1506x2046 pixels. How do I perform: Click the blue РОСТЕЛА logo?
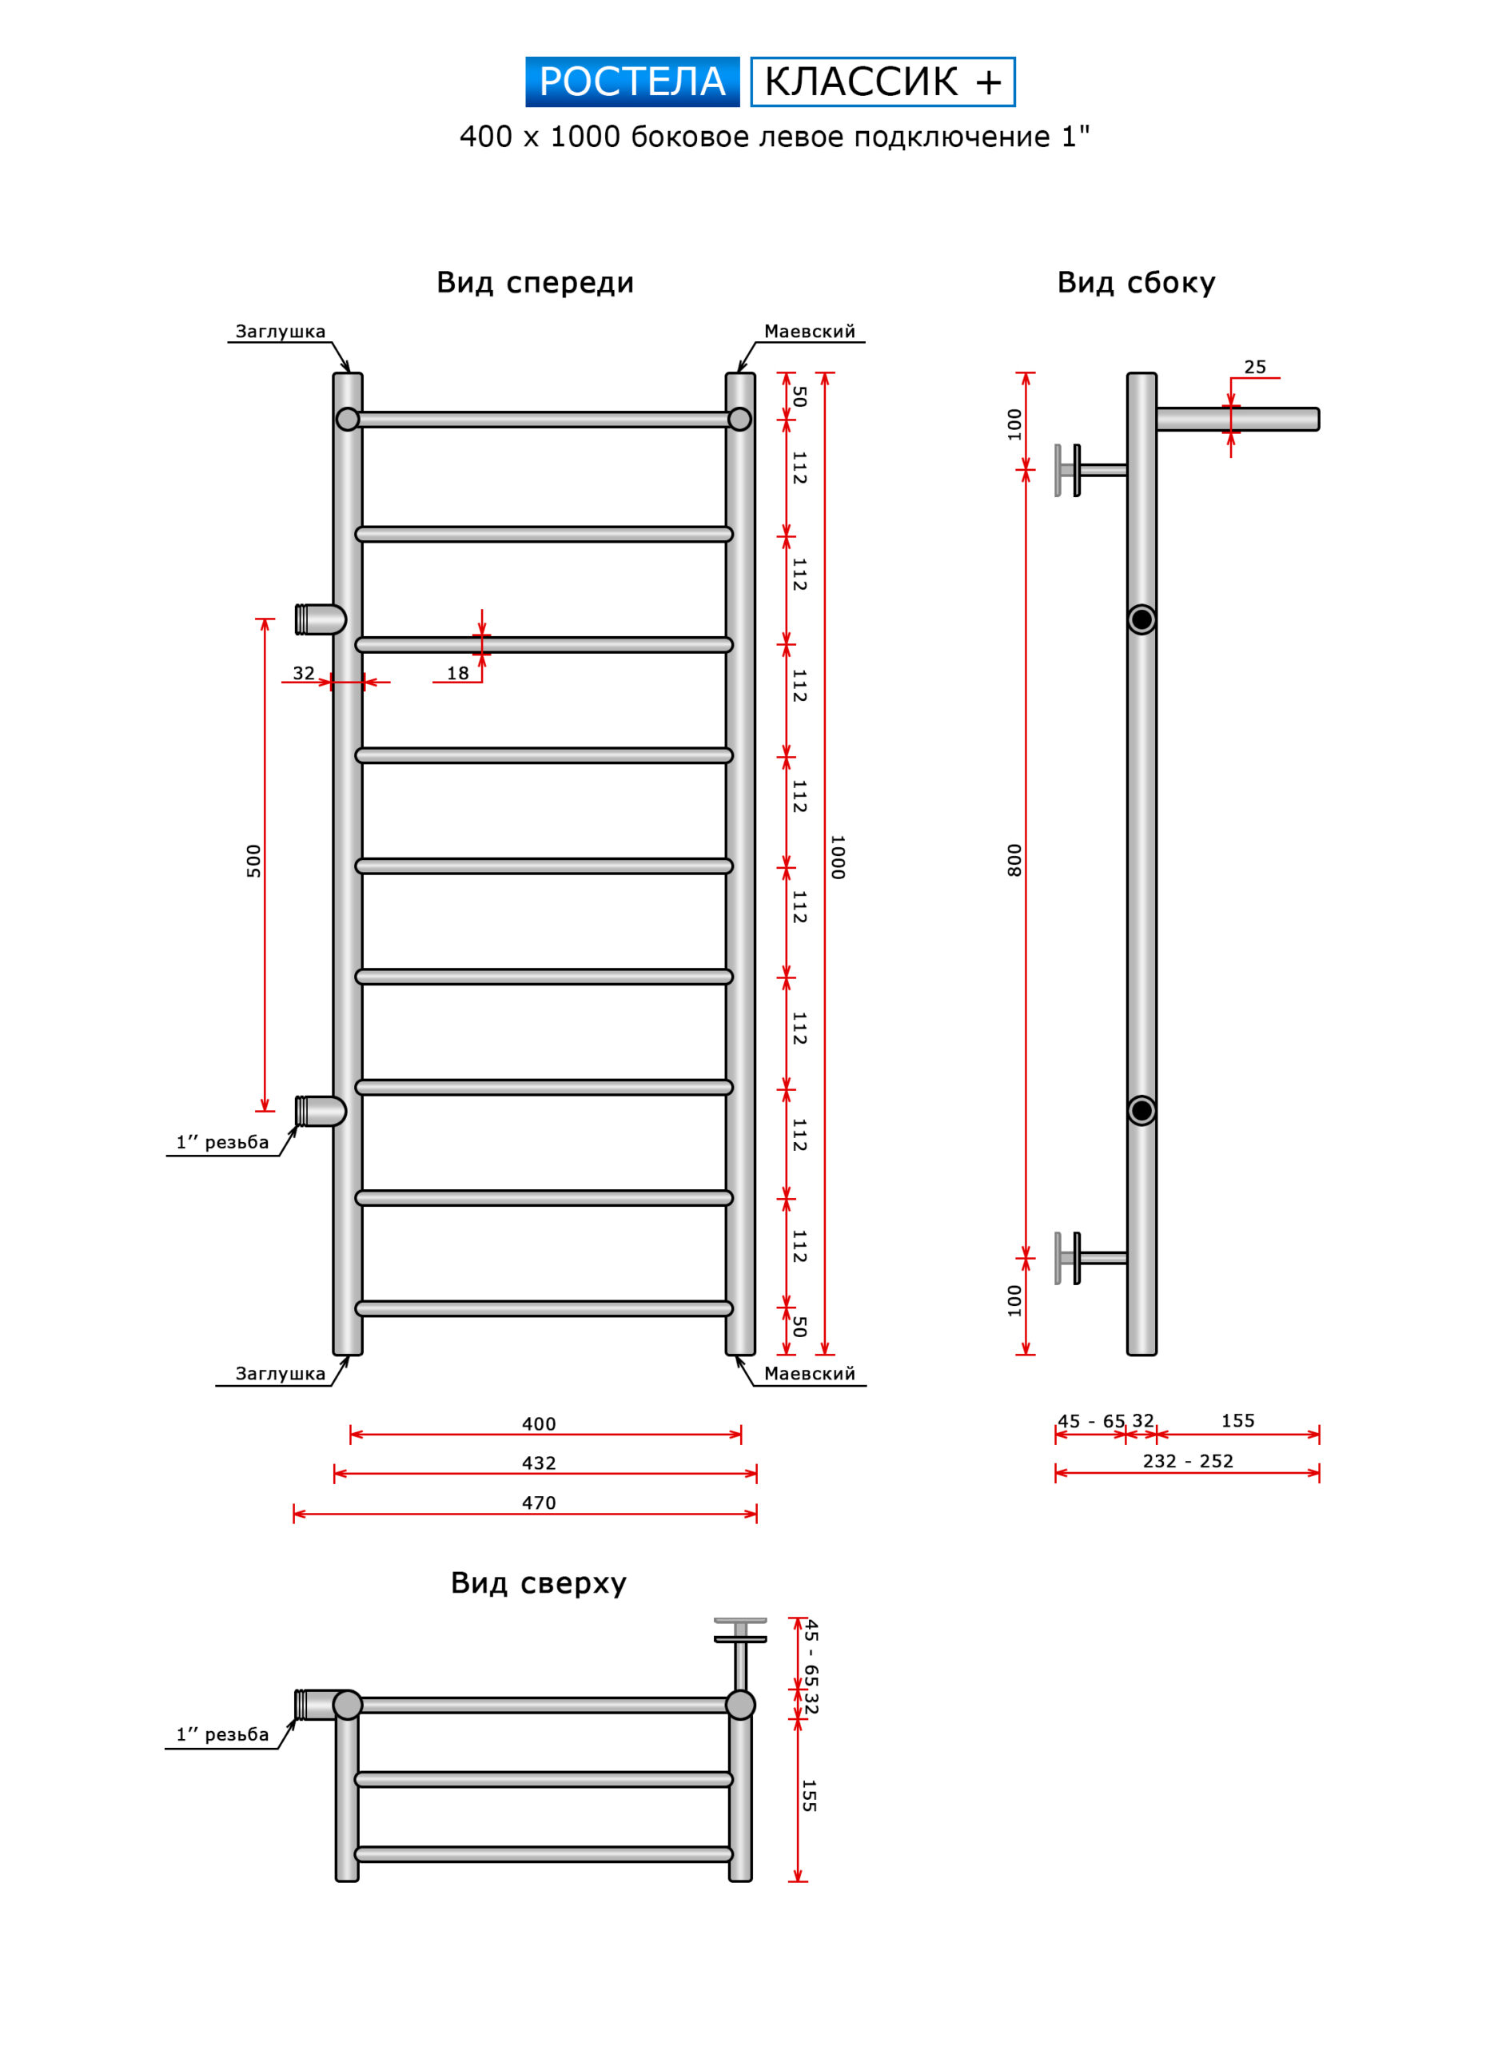click(631, 82)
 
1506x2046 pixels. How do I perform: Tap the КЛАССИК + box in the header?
click(882, 82)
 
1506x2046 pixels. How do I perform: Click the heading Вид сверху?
click(539, 1583)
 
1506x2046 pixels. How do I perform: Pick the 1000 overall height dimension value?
click(838, 857)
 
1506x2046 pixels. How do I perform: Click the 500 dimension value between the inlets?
click(253, 862)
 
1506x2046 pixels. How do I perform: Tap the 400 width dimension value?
click(539, 1423)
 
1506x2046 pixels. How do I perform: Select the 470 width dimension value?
click(539, 1503)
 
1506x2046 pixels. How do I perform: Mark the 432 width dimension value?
click(539, 1463)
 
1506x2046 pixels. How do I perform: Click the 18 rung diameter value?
click(457, 674)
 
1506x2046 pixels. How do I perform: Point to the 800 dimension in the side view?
click(1014, 860)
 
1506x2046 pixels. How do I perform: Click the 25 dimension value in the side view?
click(1255, 368)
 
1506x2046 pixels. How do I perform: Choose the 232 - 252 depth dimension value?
click(1188, 1461)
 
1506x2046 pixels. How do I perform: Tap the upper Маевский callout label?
click(810, 332)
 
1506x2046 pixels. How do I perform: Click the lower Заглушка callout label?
click(281, 1373)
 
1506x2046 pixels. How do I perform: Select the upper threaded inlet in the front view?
click(320, 619)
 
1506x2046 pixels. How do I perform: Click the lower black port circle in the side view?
click(1141, 1110)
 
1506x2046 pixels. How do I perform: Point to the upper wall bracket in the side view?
click(1091, 470)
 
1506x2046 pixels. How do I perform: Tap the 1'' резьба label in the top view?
click(222, 1734)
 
